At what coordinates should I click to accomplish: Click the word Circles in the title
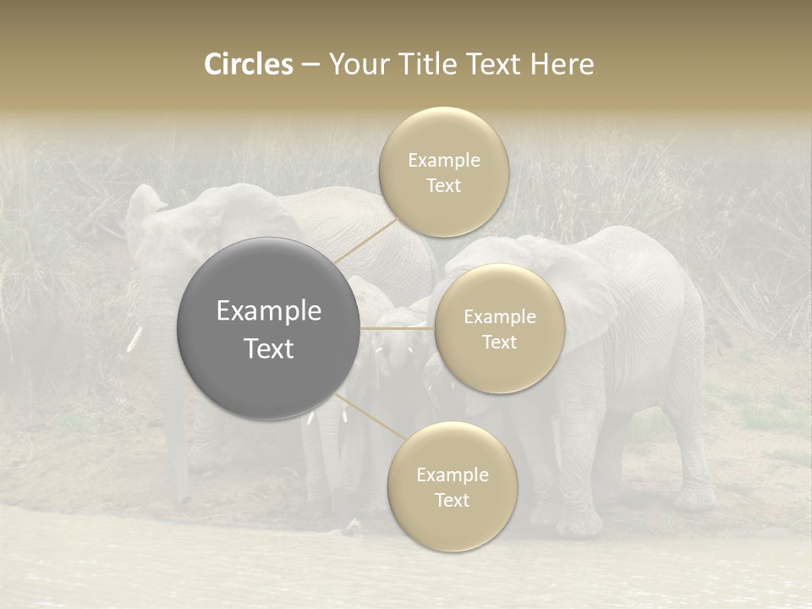pyautogui.click(x=248, y=64)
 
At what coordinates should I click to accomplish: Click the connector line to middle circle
pyautogui.click(x=398, y=328)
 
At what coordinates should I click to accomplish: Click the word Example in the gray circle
pyautogui.click(x=269, y=311)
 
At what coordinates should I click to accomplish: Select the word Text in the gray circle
pyautogui.click(x=269, y=348)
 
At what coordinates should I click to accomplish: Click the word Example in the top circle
pyautogui.click(x=443, y=161)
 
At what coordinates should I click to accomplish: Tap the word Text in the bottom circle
pyautogui.click(x=452, y=501)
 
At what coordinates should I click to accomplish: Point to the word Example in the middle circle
pyautogui.click(x=500, y=317)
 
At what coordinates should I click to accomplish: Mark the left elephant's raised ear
pyautogui.click(x=144, y=207)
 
